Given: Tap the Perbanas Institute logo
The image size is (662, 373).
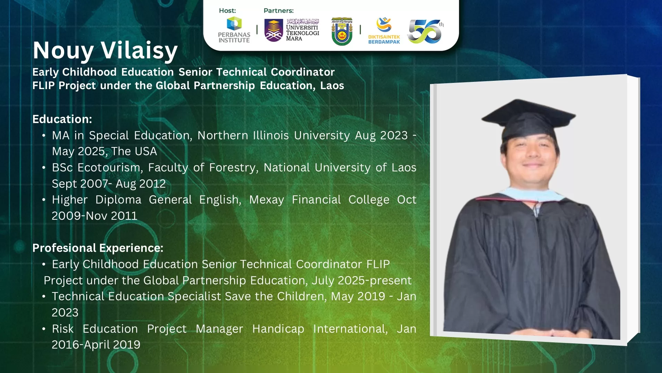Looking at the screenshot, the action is (234, 30).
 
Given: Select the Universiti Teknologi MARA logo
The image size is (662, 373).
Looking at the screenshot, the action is (292, 30).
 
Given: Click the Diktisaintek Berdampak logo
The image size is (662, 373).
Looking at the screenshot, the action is (384, 31).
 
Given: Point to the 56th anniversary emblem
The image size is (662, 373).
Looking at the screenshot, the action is (425, 31).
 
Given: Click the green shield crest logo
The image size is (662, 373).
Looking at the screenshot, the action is (342, 31).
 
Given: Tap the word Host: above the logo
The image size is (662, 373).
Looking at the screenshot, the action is (227, 11).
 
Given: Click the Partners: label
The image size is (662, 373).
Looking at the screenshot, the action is (279, 11).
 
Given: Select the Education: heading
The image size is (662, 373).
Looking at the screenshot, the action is (62, 119).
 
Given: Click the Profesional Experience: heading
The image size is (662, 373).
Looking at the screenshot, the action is (98, 248).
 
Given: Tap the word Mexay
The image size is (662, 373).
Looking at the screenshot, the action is (267, 200).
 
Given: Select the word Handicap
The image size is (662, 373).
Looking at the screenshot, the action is (278, 329).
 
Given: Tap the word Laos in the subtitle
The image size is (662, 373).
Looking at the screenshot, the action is (332, 86).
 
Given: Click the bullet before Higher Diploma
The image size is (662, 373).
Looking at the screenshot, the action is (44, 200).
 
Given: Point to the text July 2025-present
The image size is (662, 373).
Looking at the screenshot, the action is (362, 280).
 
